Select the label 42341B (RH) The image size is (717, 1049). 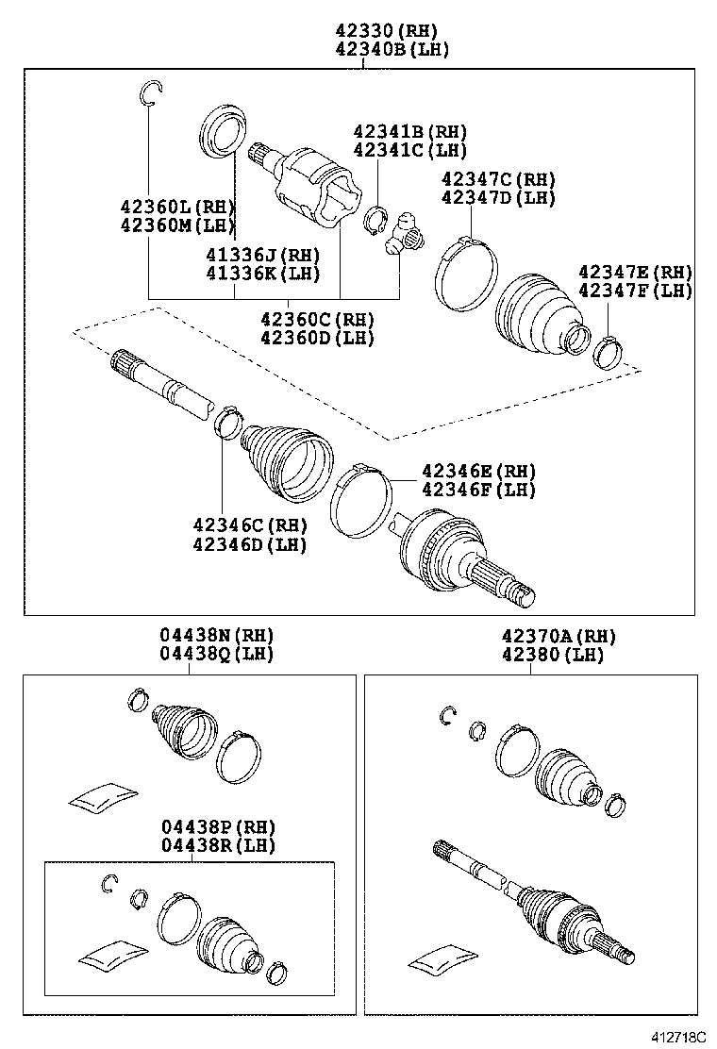click(x=410, y=132)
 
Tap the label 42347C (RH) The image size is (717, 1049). click(x=499, y=179)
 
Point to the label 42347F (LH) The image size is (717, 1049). click(x=635, y=291)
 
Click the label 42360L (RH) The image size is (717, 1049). click(x=176, y=207)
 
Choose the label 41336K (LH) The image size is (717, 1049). click(x=263, y=274)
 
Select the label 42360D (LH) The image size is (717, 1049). click(x=318, y=337)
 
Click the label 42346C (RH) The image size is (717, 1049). click(x=250, y=525)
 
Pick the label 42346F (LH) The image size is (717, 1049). click(x=478, y=490)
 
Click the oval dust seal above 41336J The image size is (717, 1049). click(x=224, y=129)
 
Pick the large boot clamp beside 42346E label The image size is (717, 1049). click(x=361, y=497)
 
